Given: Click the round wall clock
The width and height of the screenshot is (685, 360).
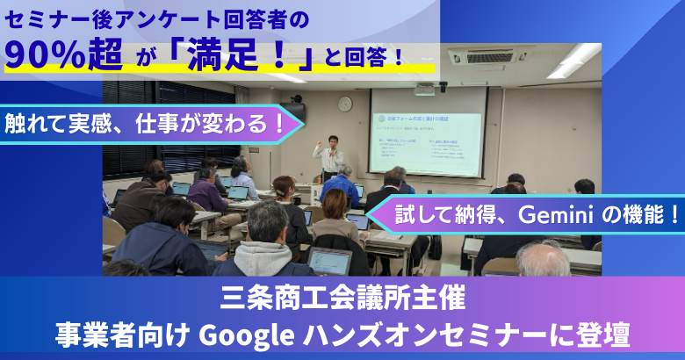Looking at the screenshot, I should point(345,104).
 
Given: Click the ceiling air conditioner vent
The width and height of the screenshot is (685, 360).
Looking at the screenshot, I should point(491,57).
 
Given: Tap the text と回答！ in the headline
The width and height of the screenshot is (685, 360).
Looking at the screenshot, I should point(368,60).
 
